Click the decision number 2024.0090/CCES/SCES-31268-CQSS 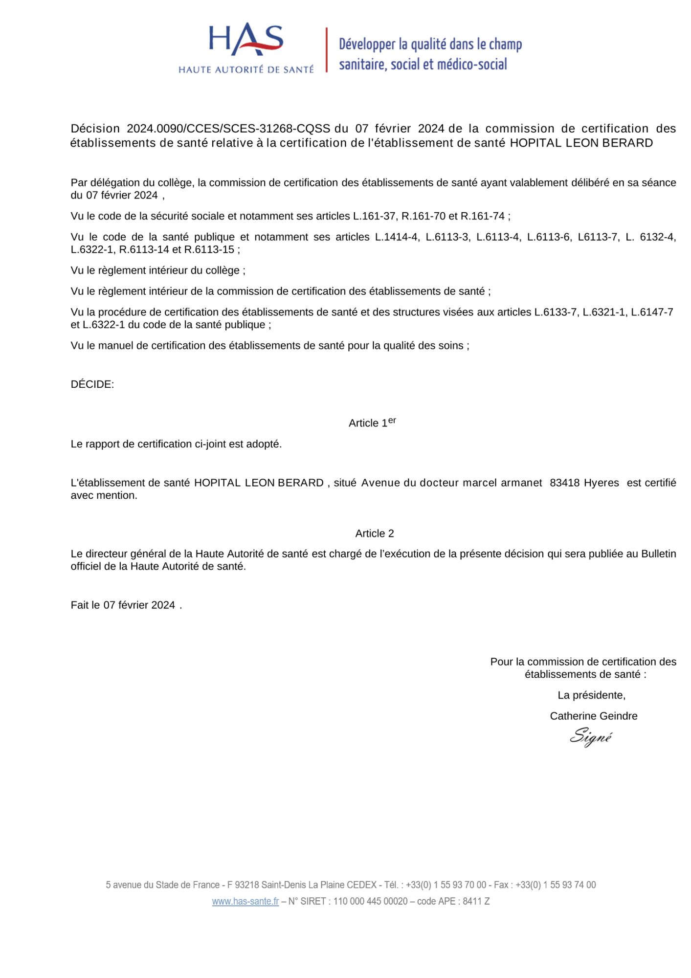pyautogui.click(x=228, y=129)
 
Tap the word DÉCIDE pyautogui.click(x=92, y=384)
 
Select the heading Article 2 pyautogui.click(x=375, y=533)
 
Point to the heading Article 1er pyautogui.click(x=372, y=423)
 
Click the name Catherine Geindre pyautogui.click(x=593, y=716)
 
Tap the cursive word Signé pyautogui.click(x=591, y=737)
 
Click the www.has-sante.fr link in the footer pyautogui.click(x=245, y=901)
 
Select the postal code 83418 pyautogui.click(x=565, y=483)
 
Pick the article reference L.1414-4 pyautogui.click(x=397, y=237)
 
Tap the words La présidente pyautogui.click(x=591, y=695)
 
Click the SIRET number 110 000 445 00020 pyautogui.click(x=370, y=901)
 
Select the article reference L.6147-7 pyautogui.click(x=652, y=312)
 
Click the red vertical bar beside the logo pyautogui.click(x=327, y=50)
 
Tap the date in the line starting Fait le pyautogui.click(x=139, y=605)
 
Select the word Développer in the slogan pyautogui.click(x=367, y=44)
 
